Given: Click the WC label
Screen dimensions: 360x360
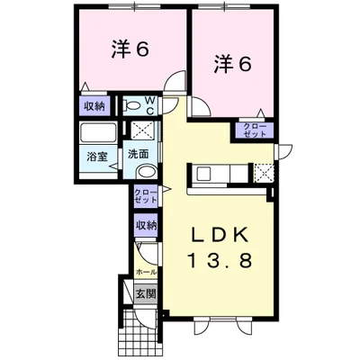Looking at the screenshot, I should pyautogui.click(x=149, y=106).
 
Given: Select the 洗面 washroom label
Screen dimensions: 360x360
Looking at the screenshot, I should pyautogui.click(x=138, y=153).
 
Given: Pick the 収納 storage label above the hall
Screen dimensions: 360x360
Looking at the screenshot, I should pyautogui.click(x=147, y=225).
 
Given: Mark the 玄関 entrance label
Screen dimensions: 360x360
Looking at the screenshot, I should pyautogui.click(x=146, y=292).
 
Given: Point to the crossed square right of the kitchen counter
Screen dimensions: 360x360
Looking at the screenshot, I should pyautogui.click(x=263, y=172).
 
